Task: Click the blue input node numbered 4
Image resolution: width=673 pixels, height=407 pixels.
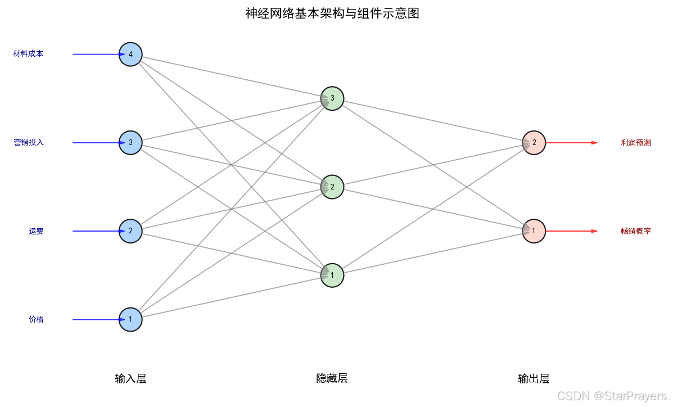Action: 130,55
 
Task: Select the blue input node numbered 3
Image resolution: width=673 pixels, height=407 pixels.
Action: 130,143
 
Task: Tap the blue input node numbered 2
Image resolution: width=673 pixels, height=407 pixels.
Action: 130,231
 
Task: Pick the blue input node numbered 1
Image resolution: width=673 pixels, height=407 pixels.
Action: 130,319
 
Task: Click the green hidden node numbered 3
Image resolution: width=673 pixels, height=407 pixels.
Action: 332,98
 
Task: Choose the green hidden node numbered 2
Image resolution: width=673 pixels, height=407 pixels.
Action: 332,187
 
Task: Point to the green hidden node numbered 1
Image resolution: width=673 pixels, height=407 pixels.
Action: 332,275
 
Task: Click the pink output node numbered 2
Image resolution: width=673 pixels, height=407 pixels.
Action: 534,143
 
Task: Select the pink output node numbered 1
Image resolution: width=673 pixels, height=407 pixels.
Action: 534,231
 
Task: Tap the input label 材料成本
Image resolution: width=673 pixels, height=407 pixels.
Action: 28,54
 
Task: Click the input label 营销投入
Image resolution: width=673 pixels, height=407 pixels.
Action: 29,143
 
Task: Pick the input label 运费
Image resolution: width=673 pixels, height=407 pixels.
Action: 36,231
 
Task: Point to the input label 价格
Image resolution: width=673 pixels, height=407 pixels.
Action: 36,319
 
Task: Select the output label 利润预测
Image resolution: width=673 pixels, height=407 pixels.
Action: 636,143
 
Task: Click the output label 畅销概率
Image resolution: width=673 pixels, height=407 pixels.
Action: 636,231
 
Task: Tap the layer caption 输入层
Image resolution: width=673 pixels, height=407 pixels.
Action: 130,378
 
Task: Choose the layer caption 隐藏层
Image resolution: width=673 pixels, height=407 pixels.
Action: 332,378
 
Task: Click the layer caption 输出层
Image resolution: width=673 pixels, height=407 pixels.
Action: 534,378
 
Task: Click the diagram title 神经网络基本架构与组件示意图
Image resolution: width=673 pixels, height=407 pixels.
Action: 332,13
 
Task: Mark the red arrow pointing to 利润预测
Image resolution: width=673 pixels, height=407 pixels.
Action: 571,143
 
